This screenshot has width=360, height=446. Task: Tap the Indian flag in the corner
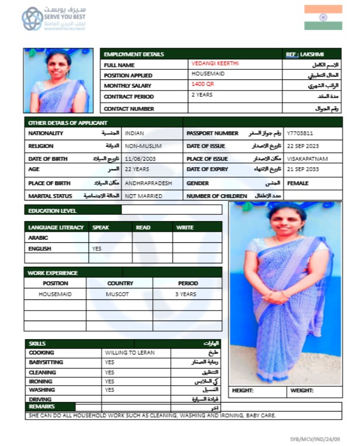click(323, 17)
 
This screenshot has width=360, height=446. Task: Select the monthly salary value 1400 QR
click(202, 84)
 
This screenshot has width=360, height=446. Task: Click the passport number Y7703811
click(300, 133)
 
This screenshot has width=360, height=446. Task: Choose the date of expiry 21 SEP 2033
click(303, 169)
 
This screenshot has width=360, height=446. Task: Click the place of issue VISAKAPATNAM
click(307, 158)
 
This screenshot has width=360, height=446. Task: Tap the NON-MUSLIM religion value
click(143, 145)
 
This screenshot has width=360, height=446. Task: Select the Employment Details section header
click(134, 54)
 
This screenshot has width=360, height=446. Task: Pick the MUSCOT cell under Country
click(117, 294)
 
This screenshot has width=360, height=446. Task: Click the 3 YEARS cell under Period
click(186, 294)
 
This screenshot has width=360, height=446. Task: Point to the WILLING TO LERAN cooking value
click(130, 352)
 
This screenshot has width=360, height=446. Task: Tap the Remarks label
click(42, 407)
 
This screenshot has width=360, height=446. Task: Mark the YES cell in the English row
click(97, 248)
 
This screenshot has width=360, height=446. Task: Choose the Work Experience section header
click(53, 273)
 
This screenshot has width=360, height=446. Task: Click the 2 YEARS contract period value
click(202, 95)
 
